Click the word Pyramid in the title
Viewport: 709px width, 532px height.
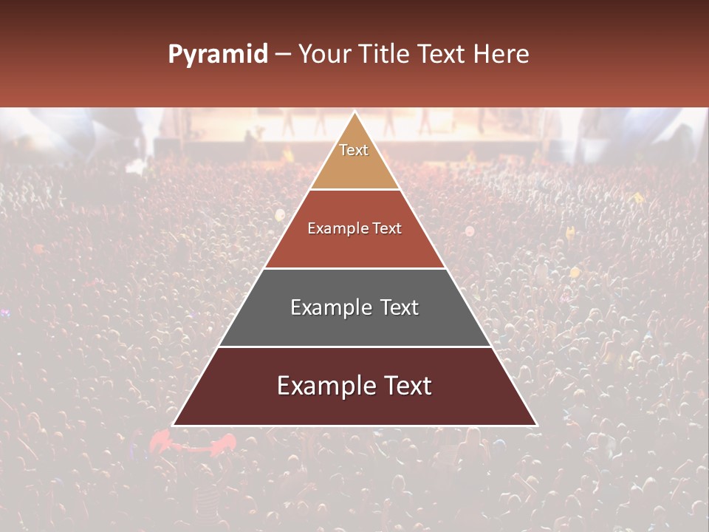click(x=217, y=55)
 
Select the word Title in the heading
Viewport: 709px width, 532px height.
click(x=385, y=54)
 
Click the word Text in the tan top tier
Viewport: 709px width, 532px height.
click(x=354, y=150)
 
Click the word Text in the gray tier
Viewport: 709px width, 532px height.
click(x=397, y=307)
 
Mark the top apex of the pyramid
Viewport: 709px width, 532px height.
click(x=354, y=112)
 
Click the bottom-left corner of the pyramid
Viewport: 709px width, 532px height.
click(x=173, y=426)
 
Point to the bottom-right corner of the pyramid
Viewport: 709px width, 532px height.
click(x=537, y=426)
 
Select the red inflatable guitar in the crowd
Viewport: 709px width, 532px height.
click(x=193, y=443)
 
